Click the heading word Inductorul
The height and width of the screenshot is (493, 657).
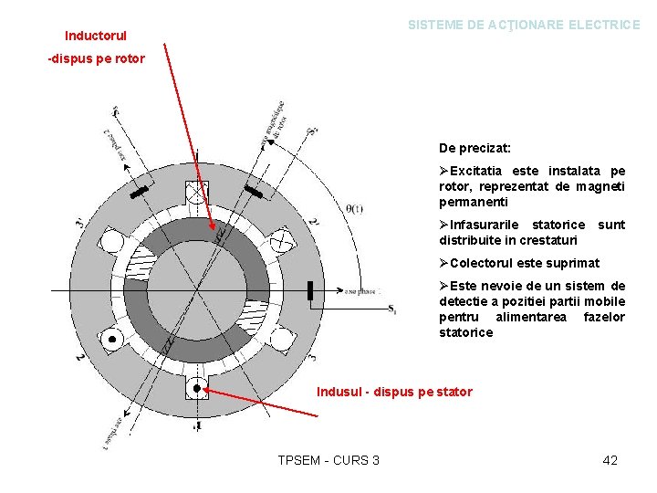[x=96, y=37]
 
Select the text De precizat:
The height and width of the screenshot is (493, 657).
[x=474, y=147]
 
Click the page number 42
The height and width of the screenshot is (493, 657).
[x=610, y=460]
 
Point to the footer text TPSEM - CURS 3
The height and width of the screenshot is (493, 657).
[x=328, y=460]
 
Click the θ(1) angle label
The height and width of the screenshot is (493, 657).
[x=355, y=209]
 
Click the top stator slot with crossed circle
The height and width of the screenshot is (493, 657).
[x=196, y=193]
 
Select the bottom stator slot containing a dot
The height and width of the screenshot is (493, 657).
[x=196, y=388]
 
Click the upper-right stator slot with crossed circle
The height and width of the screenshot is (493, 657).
[x=281, y=241]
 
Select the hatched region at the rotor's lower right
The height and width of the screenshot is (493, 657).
[x=258, y=315]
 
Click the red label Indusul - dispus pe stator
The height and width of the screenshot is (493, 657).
[x=394, y=392]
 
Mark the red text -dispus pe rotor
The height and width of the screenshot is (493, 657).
[x=96, y=59]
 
